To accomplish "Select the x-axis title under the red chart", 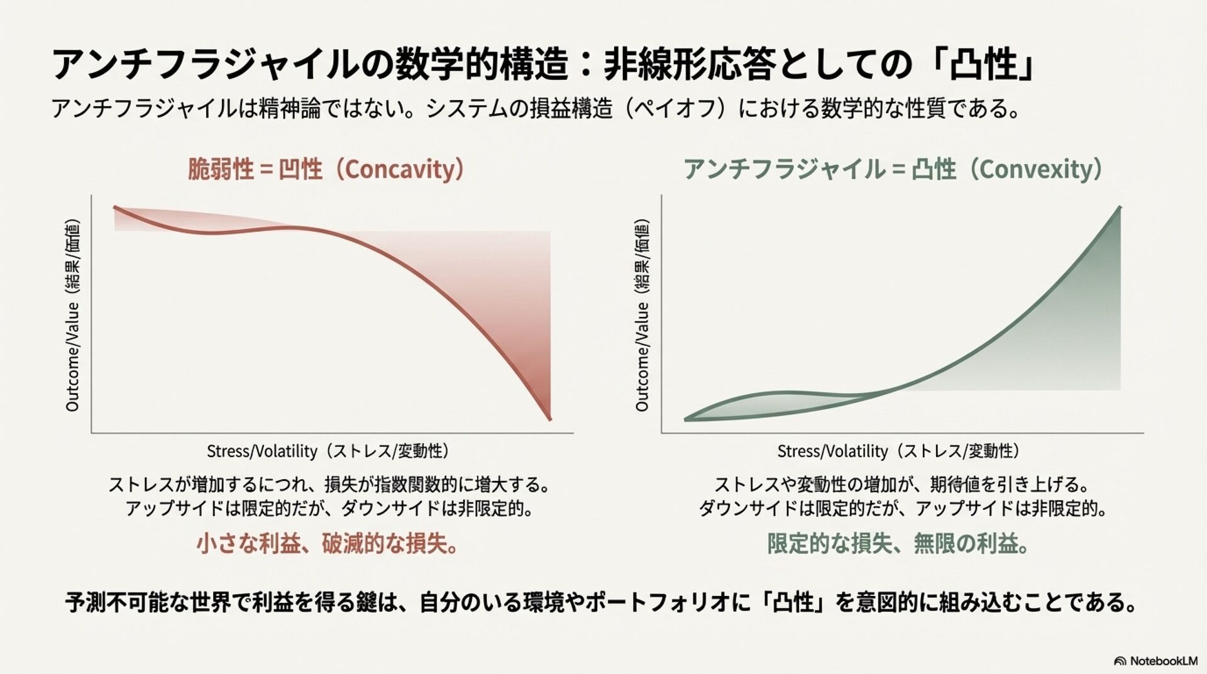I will pos(328,451).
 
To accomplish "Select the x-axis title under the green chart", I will pos(898,451).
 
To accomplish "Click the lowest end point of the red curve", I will pos(550,419).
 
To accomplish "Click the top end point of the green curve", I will pos(1120,207).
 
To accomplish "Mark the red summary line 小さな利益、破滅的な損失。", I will pos(328,544).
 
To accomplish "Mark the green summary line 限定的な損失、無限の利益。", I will pos(898,544).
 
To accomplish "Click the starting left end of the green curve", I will pos(686,419).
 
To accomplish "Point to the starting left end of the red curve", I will pos(114,207).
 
